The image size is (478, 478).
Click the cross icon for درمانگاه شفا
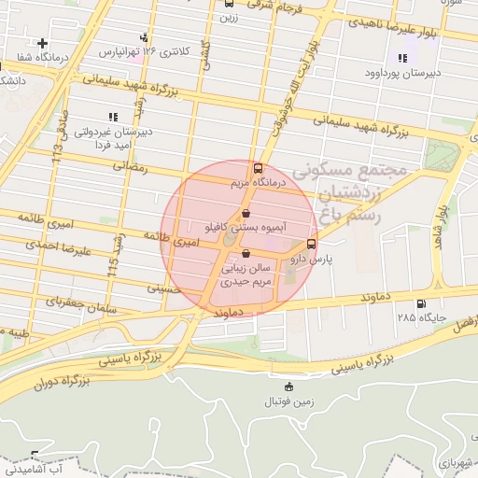43,43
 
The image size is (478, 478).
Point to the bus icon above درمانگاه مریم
258,169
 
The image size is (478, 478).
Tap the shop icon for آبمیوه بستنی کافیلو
245,214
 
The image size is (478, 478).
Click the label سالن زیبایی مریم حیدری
245,273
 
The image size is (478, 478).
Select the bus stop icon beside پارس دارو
311,245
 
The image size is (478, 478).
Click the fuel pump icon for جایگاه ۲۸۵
420,303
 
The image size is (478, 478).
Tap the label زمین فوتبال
288,401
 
